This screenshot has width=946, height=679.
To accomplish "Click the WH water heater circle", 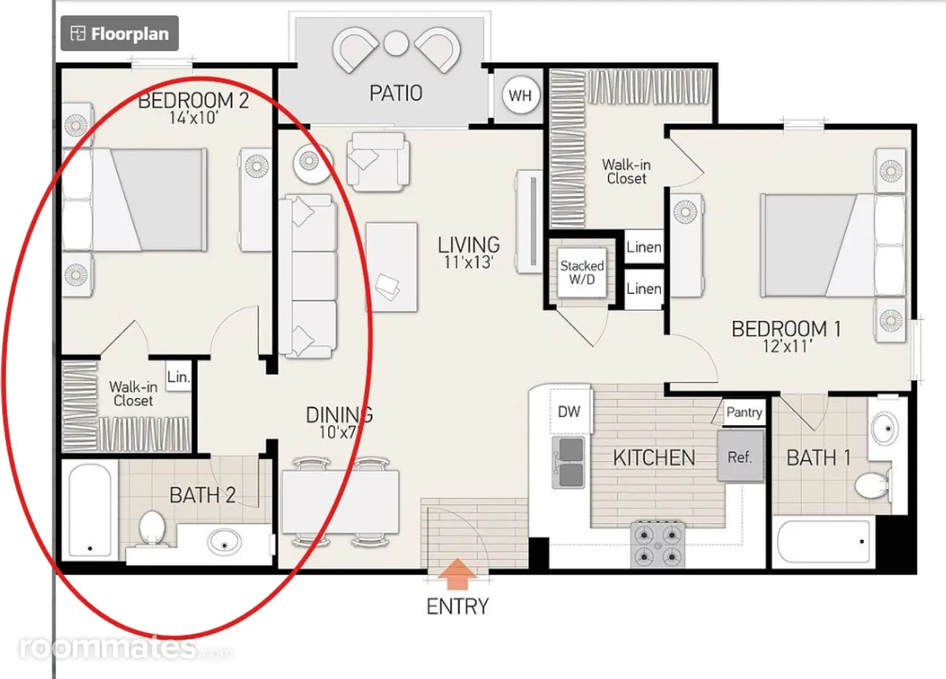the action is (x=520, y=95).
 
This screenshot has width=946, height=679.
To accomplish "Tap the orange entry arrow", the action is (x=457, y=574).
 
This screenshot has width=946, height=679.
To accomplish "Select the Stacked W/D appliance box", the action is (x=582, y=272).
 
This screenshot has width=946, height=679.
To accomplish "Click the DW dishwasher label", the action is (x=569, y=411).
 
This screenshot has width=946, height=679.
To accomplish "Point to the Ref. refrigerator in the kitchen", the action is (x=741, y=456).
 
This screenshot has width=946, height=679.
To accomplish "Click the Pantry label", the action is (x=744, y=412).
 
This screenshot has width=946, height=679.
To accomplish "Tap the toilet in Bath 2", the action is (x=152, y=528).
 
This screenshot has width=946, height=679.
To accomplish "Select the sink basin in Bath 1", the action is (x=885, y=429).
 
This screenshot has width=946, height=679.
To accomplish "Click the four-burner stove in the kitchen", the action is (x=658, y=544).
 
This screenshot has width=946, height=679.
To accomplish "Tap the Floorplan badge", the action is (x=120, y=33).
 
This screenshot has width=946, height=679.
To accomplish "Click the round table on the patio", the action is (x=395, y=44).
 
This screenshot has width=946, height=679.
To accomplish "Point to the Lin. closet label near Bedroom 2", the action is (x=178, y=376).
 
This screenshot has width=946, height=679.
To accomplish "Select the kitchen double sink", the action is (x=568, y=462).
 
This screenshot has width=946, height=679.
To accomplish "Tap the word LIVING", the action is (x=469, y=246).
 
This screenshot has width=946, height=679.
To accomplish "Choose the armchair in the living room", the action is (x=378, y=161).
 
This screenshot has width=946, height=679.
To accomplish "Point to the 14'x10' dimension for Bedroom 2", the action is (x=194, y=118).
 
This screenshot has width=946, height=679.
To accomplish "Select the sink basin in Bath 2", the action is (x=224, y=542).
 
